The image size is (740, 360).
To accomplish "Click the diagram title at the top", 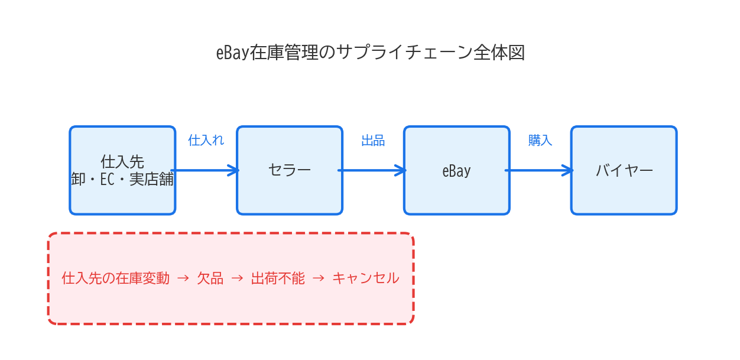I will tap(370, 53).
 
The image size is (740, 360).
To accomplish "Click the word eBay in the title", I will tap(232, 53).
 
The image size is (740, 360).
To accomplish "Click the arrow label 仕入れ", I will tap(206, 141).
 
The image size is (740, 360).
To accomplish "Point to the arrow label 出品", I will tap(373, 141).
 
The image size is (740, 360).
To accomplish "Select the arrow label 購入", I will tap(540, 141).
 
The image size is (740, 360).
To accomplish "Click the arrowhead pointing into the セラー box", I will tap(235, 170).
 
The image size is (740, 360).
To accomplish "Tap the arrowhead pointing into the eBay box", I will tap(402, 170).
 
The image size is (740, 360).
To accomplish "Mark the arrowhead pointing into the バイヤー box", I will tap(569, 170).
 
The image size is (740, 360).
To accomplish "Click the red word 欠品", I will tap(210, 278).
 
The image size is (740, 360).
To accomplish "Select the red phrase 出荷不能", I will tap(278, 278).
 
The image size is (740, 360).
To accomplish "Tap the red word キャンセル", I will tap(365, 278).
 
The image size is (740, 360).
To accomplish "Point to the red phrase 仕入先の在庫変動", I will tap(116, 278).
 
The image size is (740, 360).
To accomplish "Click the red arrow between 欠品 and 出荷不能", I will tap(237, 278).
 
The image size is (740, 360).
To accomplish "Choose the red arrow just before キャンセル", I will tap(318, 278).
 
